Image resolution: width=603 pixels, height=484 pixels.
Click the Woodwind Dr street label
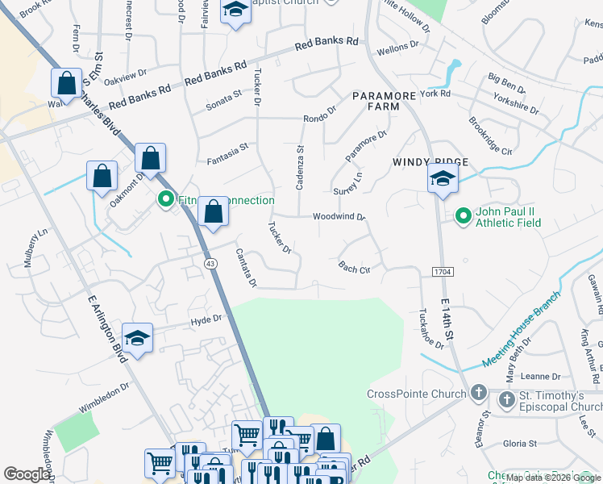(x=339, y=216)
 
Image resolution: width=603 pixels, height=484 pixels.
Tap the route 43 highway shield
(x=210, y=264)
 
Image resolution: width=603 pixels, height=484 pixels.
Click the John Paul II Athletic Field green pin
(x=464, y=215)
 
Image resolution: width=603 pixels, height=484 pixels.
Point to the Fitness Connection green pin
(x=166, y=198)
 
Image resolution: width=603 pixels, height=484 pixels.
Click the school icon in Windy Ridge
(x=443, y=180)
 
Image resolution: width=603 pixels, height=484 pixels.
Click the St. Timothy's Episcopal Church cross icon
(x=505, y=399)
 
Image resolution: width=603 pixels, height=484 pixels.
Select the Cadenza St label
(x=300, y=167)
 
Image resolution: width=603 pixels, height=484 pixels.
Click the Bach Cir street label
(x=354, y=267)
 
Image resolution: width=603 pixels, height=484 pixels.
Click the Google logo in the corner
(x=27, y=474)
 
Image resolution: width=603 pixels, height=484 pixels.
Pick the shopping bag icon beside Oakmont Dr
(x=102, y=177)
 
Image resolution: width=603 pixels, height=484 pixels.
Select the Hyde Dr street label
(x=206, y=320)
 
